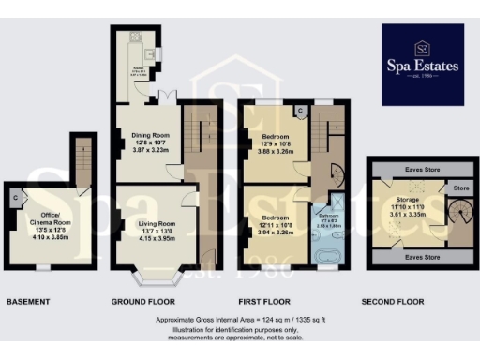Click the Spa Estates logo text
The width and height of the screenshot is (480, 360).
[x=421, y=66]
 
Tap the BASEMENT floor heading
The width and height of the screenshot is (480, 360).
[x=28, y=302]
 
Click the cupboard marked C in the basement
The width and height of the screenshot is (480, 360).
[x=18, y=199]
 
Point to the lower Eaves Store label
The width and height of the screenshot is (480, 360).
[x=407, y=254]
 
